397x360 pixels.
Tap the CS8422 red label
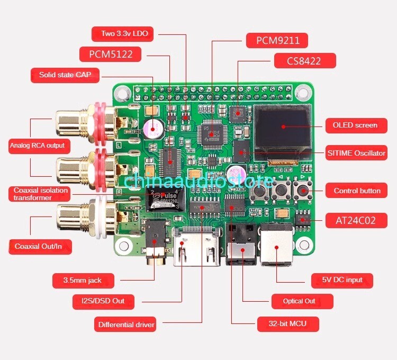[x=304, y=60]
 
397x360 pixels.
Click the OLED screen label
[x=355, y=125]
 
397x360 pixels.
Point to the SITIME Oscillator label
[x=356, y=153]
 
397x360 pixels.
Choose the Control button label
[x=357, y=191]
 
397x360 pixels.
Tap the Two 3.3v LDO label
[x=124, y=34]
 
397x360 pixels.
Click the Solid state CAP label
[x=66, y=75]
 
